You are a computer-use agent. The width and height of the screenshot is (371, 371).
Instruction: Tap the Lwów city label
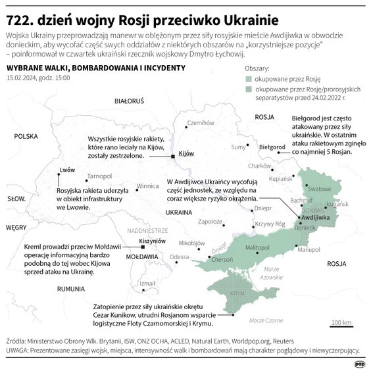[67, 170]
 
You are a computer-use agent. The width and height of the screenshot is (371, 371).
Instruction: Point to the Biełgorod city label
[272, 147]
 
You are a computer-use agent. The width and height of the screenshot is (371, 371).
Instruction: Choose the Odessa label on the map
[179, 257]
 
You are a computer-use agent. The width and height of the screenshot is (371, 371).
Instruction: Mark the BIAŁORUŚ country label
[129, 102]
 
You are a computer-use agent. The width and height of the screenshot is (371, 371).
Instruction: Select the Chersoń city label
[222, 259]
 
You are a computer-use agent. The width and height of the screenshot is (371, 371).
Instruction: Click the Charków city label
[260, 166]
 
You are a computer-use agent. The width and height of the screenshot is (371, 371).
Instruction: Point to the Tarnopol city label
[99, 176]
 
